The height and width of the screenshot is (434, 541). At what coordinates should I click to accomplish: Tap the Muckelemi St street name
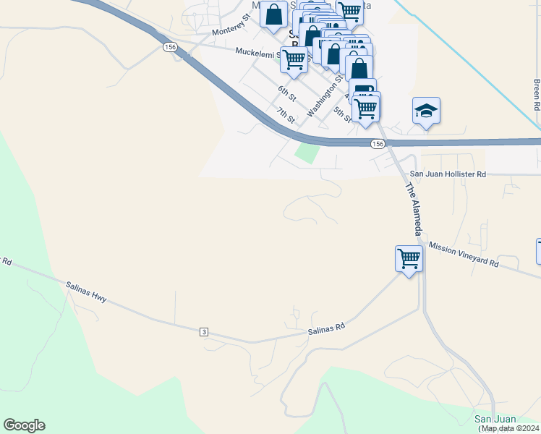(261, 52)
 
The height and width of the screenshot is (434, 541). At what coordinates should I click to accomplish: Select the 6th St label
(287, 93)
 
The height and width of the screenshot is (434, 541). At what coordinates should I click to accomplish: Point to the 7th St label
(285, 114)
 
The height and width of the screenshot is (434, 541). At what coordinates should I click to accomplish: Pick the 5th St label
(343, 114)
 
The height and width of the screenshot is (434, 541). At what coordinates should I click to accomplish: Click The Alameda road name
(412, 209)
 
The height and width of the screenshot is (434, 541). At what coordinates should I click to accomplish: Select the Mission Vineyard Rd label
(464, 255)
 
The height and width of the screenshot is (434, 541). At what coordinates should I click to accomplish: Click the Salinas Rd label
(326, 328)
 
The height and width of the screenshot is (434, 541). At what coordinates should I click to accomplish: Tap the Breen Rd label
(537, 95)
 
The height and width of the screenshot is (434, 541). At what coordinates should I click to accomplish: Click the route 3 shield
(205, 332)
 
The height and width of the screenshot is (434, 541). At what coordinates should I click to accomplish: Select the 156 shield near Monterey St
(170, 47)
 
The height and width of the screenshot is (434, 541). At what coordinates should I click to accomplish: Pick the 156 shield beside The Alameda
(378, 144)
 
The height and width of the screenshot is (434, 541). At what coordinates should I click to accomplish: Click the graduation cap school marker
(426, 111)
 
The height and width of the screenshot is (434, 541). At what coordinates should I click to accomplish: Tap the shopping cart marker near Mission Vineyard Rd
(409, 258)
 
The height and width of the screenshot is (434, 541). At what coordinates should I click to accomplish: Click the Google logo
(24, 425)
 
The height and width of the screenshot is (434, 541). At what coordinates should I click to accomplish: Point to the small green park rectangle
(307, 153)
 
